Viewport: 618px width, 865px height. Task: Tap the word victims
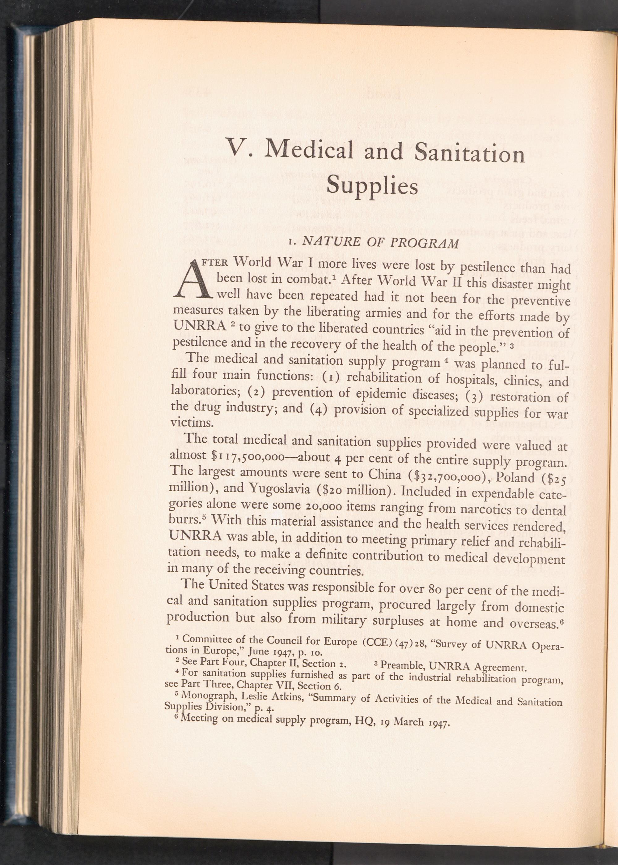(188, 423)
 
